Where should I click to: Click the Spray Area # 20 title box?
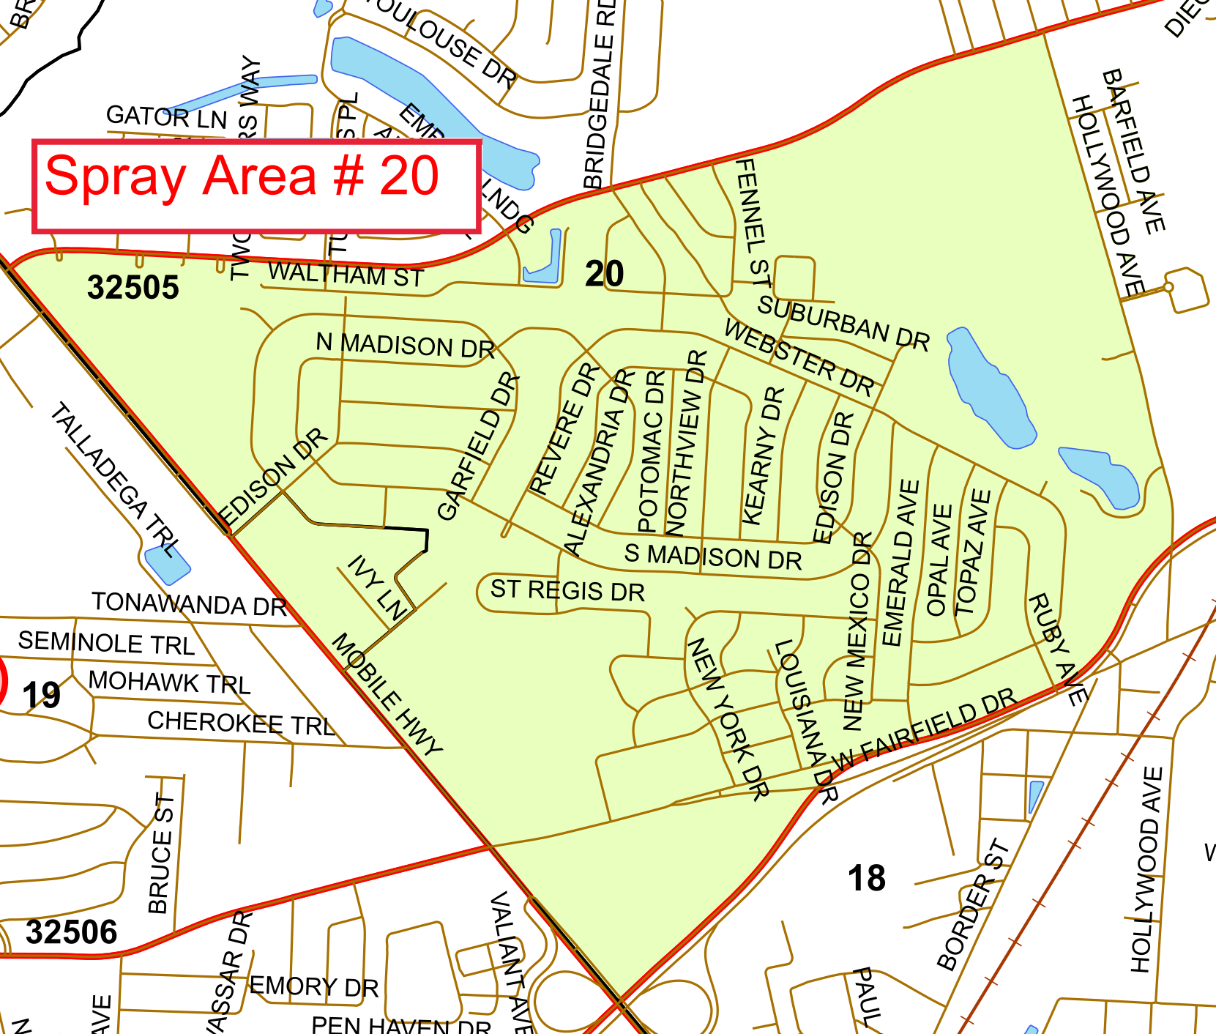pos(256,187)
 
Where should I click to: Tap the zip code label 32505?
pos(133,288)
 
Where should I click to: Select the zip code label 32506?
pos(71,932)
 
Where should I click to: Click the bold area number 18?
pos(866,878)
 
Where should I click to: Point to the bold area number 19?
pos(41,695)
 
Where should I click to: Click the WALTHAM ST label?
pos(346,275)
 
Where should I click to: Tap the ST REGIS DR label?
pos(567,590)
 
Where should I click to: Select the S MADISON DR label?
pos(712,557)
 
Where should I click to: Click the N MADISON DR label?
pos(405,345)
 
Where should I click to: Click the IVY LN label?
pos(376,587)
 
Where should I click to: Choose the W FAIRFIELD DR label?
pos(925,729)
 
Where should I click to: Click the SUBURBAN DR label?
pos(843,323)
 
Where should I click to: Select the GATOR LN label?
pos(166,116)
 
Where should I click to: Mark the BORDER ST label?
pos(973,905)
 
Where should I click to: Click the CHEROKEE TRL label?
pos(241,724)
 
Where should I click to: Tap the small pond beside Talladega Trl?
pos(168,565)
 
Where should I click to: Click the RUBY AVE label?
pos(1056,650)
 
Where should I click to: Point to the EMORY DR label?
pos(314,986)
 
